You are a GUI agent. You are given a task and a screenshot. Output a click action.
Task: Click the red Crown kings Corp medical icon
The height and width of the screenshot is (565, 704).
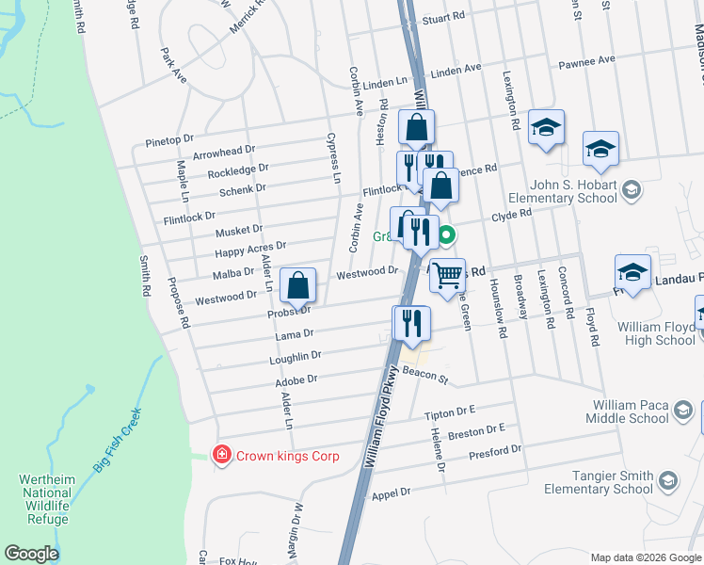tap(221, 455)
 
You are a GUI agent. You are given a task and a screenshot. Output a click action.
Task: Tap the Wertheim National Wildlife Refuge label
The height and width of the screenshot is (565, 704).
tap(45, 500)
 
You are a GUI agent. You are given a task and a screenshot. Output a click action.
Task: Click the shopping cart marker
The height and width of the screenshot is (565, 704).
tap(449, 275)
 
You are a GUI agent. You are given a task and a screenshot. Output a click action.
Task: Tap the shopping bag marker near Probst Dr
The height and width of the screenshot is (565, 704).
tap(297, 284)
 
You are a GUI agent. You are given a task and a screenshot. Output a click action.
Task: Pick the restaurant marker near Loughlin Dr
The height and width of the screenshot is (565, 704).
tap(411, 322)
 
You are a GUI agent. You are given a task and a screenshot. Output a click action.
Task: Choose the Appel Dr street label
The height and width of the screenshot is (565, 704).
tap(392, 492)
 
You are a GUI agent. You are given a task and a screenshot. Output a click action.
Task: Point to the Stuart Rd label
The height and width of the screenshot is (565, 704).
tap(444, 18)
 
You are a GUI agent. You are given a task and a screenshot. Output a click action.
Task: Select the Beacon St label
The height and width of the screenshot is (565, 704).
tap(425, 375)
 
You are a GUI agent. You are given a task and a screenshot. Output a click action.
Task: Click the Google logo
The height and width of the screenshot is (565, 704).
tap(32, 554)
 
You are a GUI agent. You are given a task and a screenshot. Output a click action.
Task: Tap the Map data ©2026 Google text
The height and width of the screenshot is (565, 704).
tap(645, 557)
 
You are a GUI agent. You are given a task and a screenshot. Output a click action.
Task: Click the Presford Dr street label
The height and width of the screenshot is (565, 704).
tap(493, 453)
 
